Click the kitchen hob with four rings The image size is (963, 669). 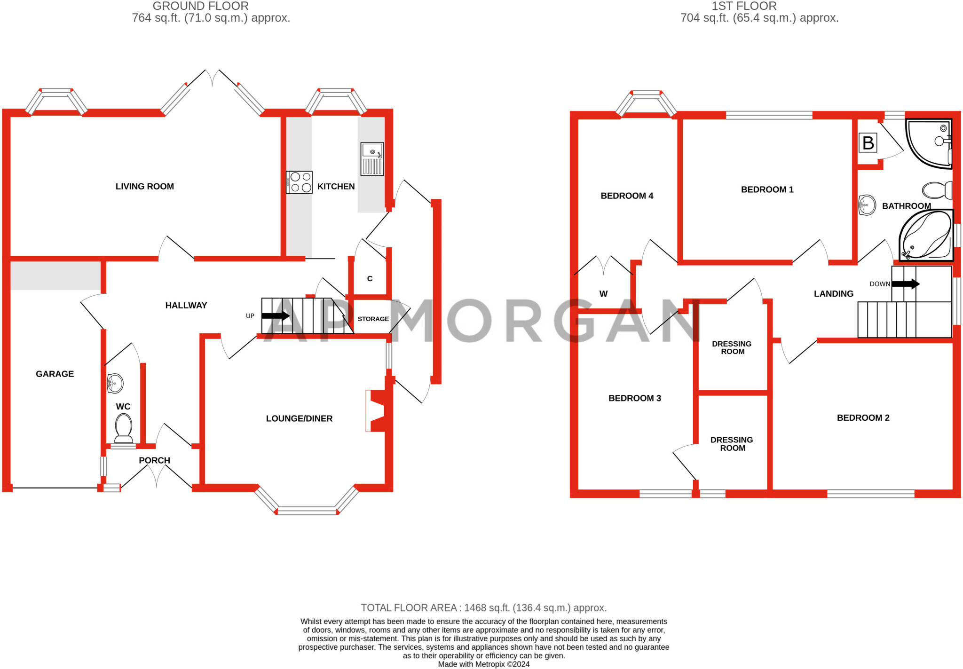(x=299, y=182)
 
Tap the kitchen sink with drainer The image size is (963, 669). (x=372, y=159)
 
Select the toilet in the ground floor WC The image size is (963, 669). (x=124, y=428)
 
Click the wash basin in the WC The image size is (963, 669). (x=115, y=383)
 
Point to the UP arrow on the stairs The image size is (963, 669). (x=276, y=316)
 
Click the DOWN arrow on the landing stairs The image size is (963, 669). (x=906, y=284)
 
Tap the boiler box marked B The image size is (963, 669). (x=868, y=142)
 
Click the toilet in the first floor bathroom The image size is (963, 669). (x=937, y=190)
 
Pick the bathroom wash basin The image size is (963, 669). (x=867, y=205)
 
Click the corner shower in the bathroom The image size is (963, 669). (x=929, y=143)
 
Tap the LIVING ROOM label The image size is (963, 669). (x=145, y=187)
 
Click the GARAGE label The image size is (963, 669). (x=55, y=374)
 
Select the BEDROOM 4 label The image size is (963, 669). (x=627, y=196)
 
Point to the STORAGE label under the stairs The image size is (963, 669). (x=373, y=319)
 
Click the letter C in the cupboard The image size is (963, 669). (x=370, y=279)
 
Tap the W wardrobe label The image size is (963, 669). (x=603, y=294)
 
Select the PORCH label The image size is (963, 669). (x=154, y=461)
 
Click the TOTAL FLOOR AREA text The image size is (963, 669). (x=484, y=608)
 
